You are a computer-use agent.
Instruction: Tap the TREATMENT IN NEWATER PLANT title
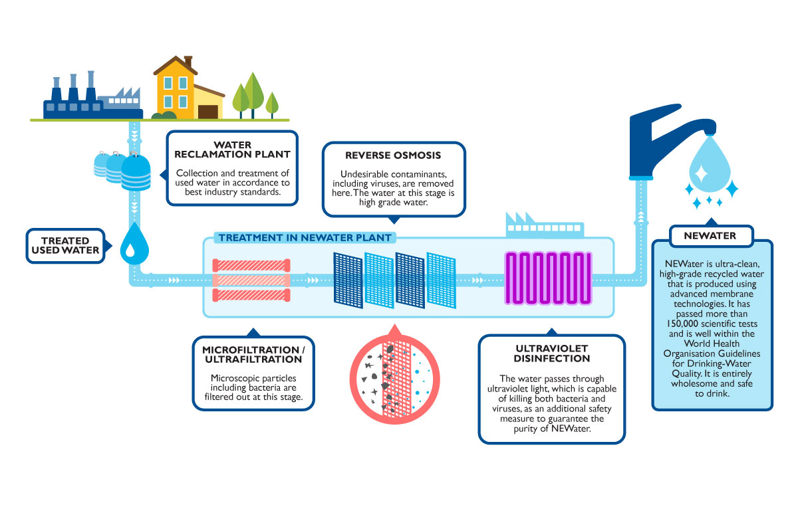click(305, 237)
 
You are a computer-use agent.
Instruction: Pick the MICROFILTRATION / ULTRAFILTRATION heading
click(251, 354)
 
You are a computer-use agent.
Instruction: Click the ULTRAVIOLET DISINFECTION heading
click(551, 353)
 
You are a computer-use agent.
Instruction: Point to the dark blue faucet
click(665, 140)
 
